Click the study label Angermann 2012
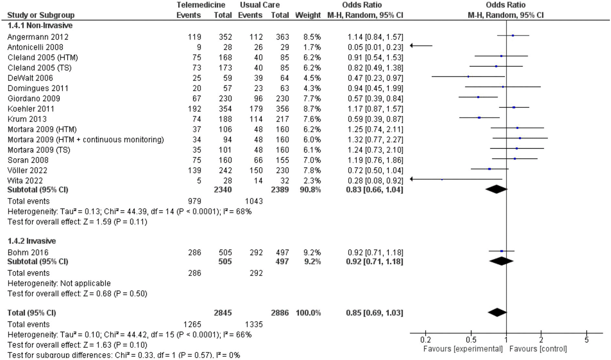coord(38,37)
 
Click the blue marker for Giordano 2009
coord(478,97)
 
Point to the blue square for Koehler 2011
coord(514,108)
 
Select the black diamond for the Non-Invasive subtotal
coord(496,189)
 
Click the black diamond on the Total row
coord(497,312)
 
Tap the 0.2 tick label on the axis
coord(425,340)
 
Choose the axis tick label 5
coord(586,340)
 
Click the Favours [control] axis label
coord(538,349)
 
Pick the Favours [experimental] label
coord(463,349)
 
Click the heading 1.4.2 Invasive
coord(32,241)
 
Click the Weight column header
coord(308,15)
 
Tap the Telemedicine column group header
coord(201,5)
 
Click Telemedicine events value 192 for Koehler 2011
coord(194,109)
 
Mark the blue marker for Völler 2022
coord(489,169)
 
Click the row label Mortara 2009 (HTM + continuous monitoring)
coord(86,140)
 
